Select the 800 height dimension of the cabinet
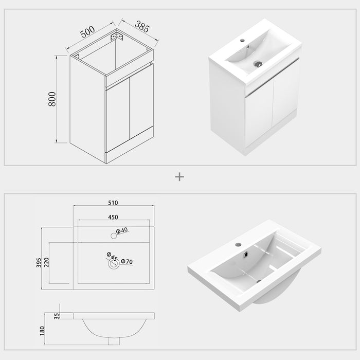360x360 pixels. pyautogui.click(x=51, y=99)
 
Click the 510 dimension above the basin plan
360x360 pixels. pyautogui.click(x=114, y=202)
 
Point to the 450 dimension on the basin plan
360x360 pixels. pyautogui.click(x=114, y=217)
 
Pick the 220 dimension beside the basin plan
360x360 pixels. pyautogui.click(x=46, y=262)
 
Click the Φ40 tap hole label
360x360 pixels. pyautogui.click(x=122, y=231)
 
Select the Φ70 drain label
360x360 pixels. pyautogui.click(x=127, y=262)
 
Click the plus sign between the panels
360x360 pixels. pyautogui.click(x=179, y=176)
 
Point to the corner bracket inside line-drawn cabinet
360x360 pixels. pyautogui.click(x=118, y=38)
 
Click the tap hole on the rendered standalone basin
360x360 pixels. pyautogui.click(x=238, y=244)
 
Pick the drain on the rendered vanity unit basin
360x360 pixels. pyautogui.click(x=258, y=64)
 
